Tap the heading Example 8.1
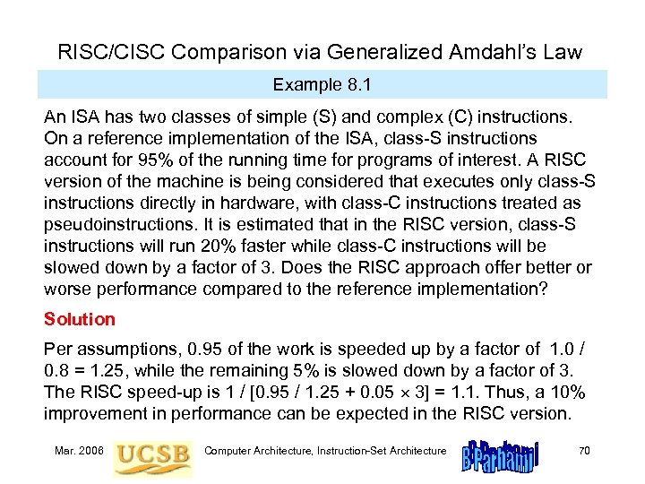tap(322, 84)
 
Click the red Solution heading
tap(80, 319)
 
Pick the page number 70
tap(584, 450)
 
